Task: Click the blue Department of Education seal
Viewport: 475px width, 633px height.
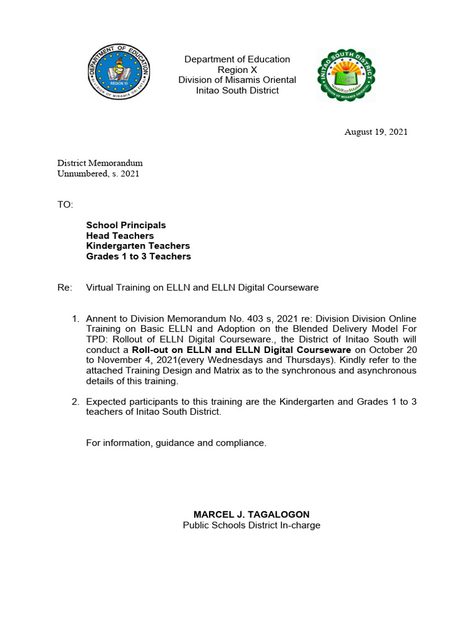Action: (117, 73)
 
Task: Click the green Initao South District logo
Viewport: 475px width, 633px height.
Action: (346, 74)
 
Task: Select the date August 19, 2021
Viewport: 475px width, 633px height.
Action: (376, 132)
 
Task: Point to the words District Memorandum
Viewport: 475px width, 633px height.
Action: (100, 163)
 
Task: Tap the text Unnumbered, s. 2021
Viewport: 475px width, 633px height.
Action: (98, 174)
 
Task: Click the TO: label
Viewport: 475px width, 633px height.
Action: (66, 205)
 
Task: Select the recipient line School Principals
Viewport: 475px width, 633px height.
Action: (126, 226)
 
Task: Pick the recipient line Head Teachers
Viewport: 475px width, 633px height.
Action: (120, 236)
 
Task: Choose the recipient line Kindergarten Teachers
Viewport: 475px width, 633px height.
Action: (138, 246)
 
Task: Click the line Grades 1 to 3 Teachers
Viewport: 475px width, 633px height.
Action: (139, 257)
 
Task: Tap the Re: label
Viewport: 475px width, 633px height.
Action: (64, 287)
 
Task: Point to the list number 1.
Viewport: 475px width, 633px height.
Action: (75, 318)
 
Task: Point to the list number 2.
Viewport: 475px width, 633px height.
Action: (75, 402)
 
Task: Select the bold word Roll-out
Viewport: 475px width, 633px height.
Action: (151, 350)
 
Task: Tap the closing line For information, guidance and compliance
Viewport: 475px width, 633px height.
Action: (176, 443)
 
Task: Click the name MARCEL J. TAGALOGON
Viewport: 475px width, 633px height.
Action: (252, 514)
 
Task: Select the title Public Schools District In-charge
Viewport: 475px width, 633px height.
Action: (252, 525)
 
